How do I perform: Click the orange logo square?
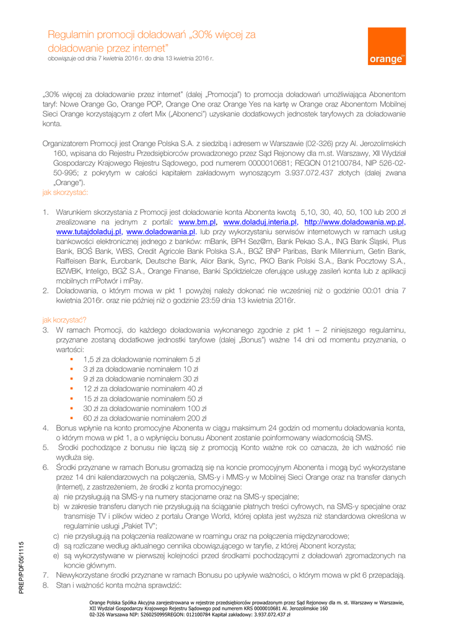coord(387,46)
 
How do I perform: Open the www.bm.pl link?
coord(197,221)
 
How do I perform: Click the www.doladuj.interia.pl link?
coord(259,221)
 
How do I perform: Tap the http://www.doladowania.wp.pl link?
coord(353,221)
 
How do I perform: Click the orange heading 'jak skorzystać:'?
coord(66,193)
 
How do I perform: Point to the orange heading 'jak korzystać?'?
coord(64,320)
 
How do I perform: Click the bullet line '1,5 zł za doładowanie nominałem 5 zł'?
coord(141,359)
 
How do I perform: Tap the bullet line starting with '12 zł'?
coord(143,388)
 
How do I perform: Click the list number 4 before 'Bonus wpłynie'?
coord(46,428)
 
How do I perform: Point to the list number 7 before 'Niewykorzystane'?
coord(46,575)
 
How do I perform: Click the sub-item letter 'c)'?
coord(56,536)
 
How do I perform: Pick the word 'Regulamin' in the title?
coord(72,35)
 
